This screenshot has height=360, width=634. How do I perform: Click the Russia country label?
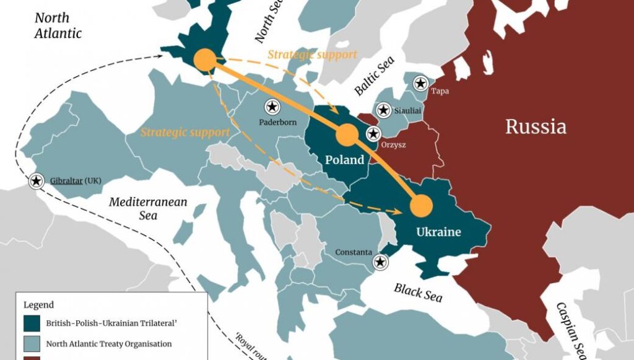click(536, 127)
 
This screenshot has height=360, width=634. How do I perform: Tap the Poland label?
click(345, 160)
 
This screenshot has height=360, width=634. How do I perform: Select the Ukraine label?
click(438, 232)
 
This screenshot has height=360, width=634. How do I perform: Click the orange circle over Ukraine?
click(423, 206)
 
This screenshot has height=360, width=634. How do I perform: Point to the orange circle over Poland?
click(346, 134)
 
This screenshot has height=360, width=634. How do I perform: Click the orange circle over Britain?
click(205, 60)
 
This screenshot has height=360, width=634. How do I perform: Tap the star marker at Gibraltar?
click(37, 181)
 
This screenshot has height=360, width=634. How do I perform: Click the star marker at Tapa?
click(421, 82)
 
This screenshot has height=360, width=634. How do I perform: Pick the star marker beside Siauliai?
click(383, 110)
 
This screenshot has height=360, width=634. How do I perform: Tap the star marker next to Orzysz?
click(374, 133)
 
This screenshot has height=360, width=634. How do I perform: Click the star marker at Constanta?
click(380, 263)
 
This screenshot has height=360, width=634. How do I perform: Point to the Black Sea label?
click(419, 291)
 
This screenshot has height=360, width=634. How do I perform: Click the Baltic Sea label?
click(375, 76)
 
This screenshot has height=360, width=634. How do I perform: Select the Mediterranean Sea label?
click(148, 209)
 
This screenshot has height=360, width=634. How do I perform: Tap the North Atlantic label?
click(58, 25)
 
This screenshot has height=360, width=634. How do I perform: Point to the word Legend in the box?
click(38, 305)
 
